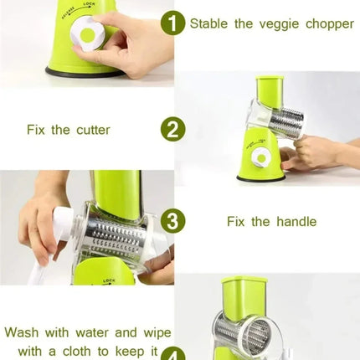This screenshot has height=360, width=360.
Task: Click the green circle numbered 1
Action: click(x=173, y=23)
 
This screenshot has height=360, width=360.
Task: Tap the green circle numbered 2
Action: click(x=173, y=129)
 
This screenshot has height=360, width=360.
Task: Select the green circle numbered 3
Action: click(x=173, y=221)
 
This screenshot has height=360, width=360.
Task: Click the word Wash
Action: click(x=23, y=332)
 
